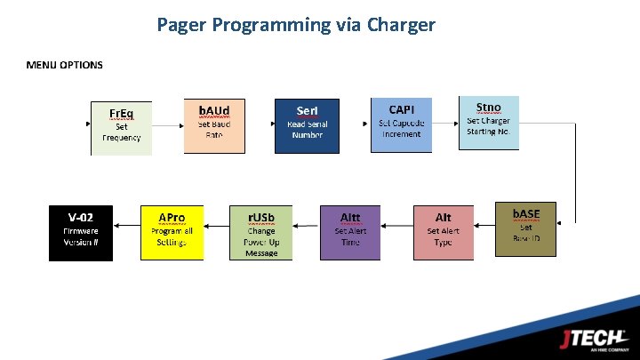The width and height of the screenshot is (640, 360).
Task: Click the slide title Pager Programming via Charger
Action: [x=296, y=25]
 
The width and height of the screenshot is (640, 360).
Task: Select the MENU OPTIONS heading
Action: [x=64, y=65]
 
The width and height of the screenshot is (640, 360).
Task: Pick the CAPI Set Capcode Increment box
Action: [x=401, y=124]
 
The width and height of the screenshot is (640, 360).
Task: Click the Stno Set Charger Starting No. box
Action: [x=488, y=123]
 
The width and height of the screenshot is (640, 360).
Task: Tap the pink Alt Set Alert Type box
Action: [x=443, y=232]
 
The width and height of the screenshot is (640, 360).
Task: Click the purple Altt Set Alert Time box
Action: [x=350, y=232]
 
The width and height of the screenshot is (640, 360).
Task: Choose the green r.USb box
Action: [x=261, y=232]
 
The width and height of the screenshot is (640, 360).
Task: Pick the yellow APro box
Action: [x=172, y=232]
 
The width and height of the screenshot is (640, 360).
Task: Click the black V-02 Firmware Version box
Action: [x=81, y=232]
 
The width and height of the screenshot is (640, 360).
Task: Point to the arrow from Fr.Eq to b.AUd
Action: [x=167, y=124]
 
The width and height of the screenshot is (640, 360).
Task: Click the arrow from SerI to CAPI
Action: [x=355, y=124]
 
